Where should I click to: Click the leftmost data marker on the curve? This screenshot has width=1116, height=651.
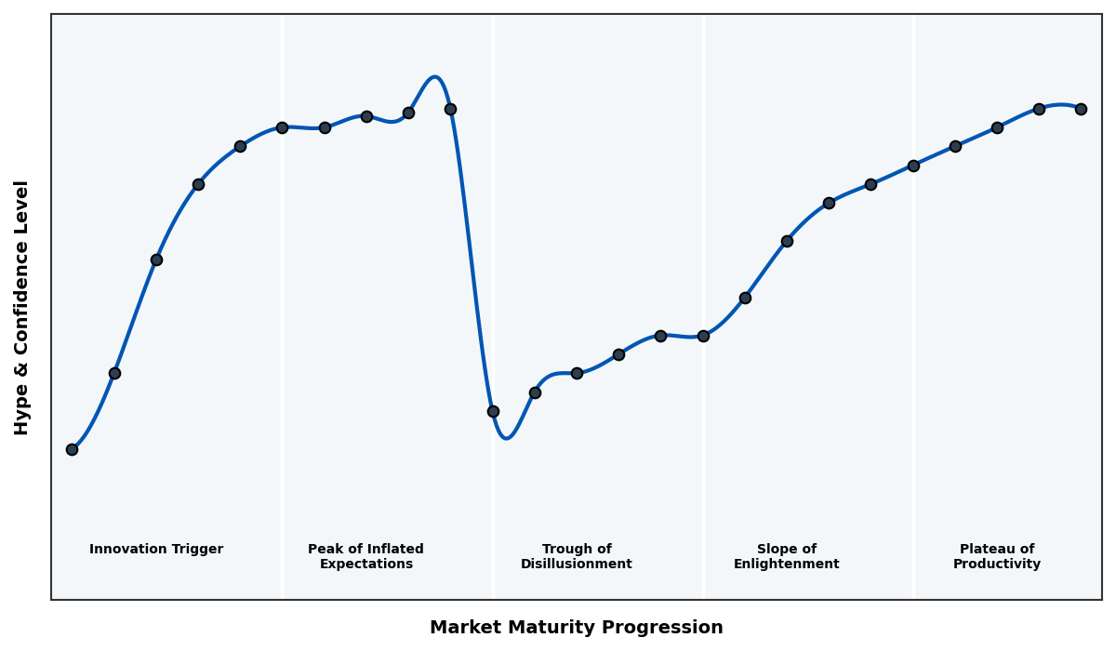(72, 449)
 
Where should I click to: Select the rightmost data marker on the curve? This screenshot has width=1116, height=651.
(1081, 109)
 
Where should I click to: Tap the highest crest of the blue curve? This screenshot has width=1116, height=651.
(434, 77)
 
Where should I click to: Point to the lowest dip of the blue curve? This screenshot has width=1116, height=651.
(506, 437)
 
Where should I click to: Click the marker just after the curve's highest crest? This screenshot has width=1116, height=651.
(450, 109)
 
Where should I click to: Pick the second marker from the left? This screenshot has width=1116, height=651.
(114, 373)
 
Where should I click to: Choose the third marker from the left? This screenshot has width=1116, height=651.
(156, 259)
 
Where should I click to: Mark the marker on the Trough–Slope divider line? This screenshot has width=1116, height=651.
(703, 336)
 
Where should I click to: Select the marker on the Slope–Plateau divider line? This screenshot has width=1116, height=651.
(913, 166)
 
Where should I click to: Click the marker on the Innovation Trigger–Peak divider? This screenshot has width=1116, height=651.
(282, 127)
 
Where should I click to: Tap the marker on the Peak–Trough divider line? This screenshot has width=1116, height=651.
(493, 411)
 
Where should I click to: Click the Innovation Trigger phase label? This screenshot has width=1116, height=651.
(156, 550)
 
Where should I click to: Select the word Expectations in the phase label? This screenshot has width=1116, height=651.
(366, 565)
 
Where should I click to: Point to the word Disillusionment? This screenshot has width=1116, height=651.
(577, 565)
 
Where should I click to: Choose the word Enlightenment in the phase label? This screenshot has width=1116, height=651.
(787, 565)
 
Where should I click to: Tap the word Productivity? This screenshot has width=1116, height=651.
(997, 565)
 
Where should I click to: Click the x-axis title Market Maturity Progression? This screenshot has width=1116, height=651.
(577, 628)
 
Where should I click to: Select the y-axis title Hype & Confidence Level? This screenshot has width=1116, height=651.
(22, 307)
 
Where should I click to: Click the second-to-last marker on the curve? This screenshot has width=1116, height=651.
(1039, 109)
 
